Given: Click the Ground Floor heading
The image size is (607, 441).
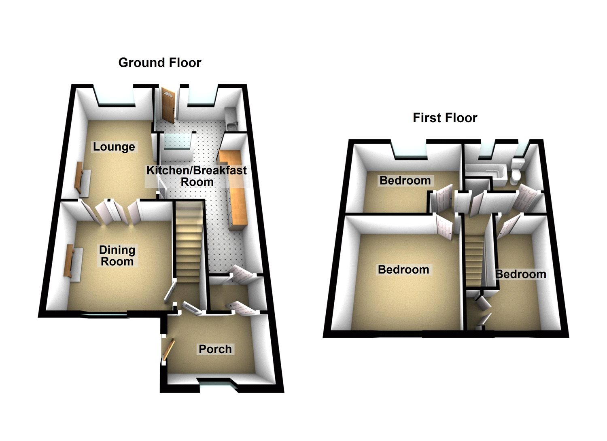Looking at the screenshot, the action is pyautogui.click(x=159, y=63).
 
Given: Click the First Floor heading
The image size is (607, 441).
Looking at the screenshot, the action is pyautogui.click(x=445, y=118).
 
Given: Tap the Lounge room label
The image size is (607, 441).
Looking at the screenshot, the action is pyautogui.click(x=114, y=146).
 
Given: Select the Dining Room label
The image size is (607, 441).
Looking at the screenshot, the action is pyautogui.click(x=117, y=256).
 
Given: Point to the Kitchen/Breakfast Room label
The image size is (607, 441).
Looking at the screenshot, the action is pyautogui.click(x=197, y=176).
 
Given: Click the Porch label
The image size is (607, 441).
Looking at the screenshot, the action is pyautogui.click(x=215, y=349).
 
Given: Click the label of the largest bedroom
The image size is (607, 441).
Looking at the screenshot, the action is pyautogui.click(x=403, y=269).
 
